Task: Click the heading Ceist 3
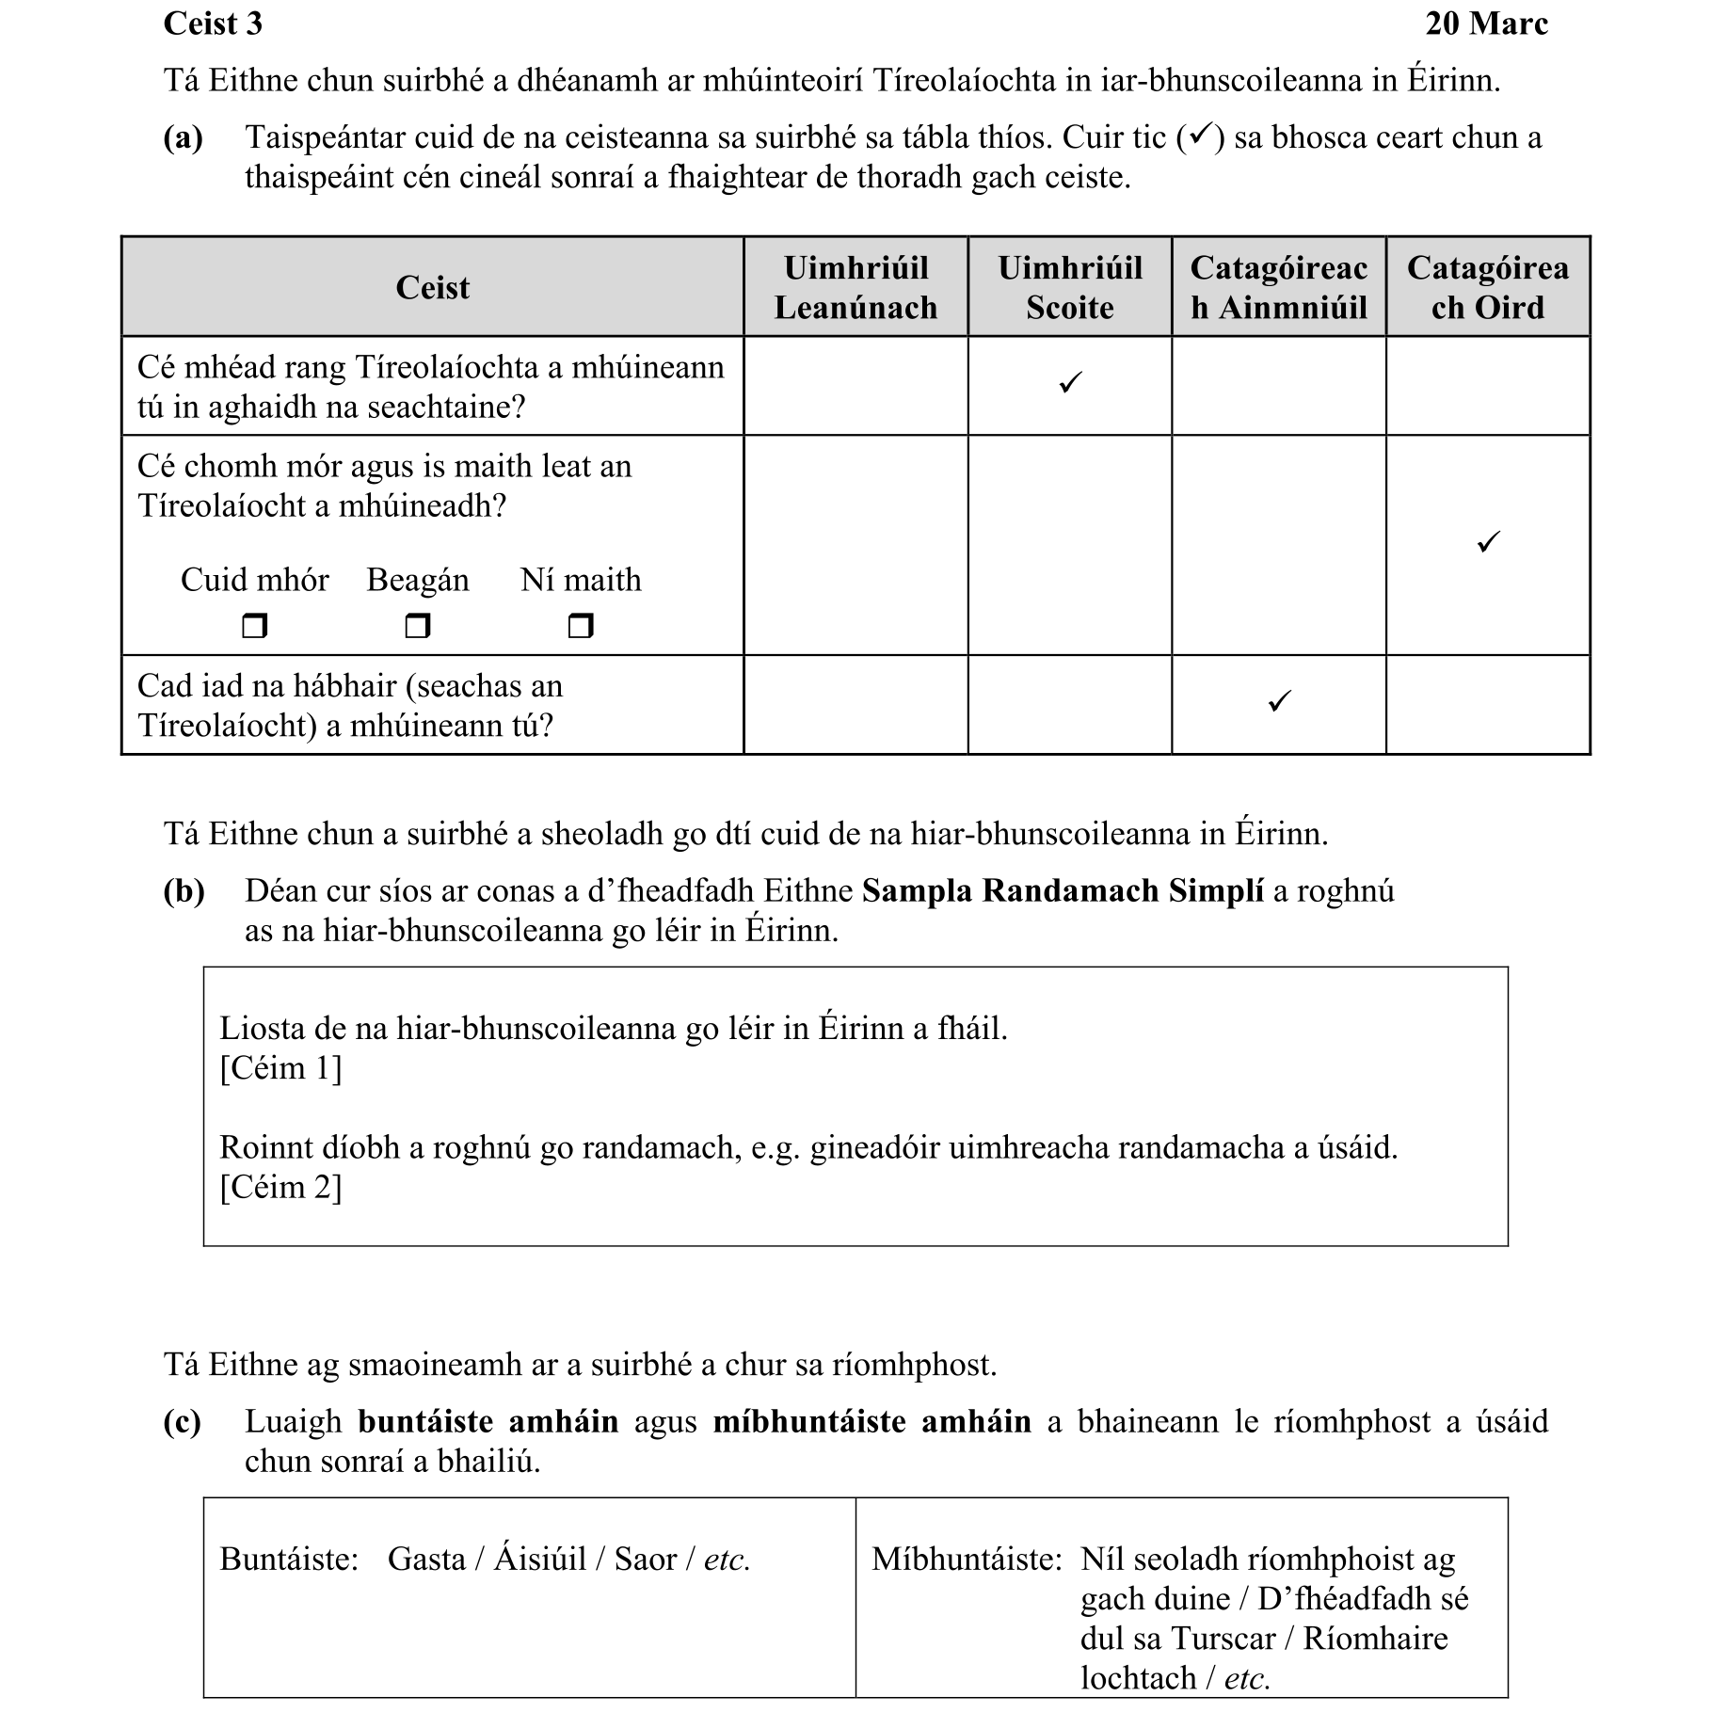(x=213, y=24)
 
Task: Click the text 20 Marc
(x=1485, y=24)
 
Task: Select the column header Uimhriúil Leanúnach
(x=855, y=287)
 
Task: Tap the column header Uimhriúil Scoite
(x=1069, y=287)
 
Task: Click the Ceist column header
(x=432, y=287)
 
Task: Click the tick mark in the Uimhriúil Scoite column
(x=1070, y=383)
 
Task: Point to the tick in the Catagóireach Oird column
(x=1488, y=542)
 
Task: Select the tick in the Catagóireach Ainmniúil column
(x=1278, y=701)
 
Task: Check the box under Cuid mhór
(x=254, y=625)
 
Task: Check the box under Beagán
(x=417, y=625)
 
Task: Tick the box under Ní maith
(x=581, y=625)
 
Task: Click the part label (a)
(x=184, y=138)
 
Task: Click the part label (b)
(x=184, y=890)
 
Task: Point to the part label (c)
(x=183, y=1421)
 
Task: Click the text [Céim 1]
(x=280, y=1068)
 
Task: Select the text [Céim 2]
(x=280, y=1187)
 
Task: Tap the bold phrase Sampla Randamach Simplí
(x=1063, y=890)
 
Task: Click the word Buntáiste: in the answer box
(x=289, y=1560)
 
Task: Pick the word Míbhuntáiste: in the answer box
(x=966, y=1560)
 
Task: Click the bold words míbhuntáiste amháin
(x=871, y=1421)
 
